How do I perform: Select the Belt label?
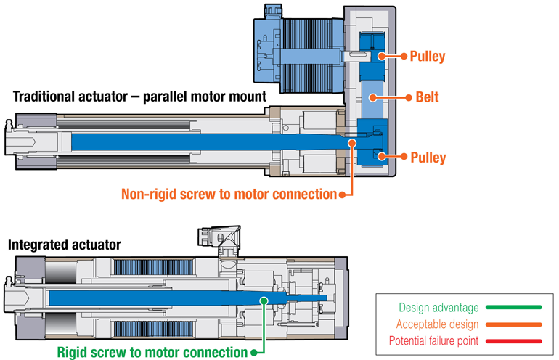tap(428, 96)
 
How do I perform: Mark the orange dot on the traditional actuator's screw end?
tap(352, 143)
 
